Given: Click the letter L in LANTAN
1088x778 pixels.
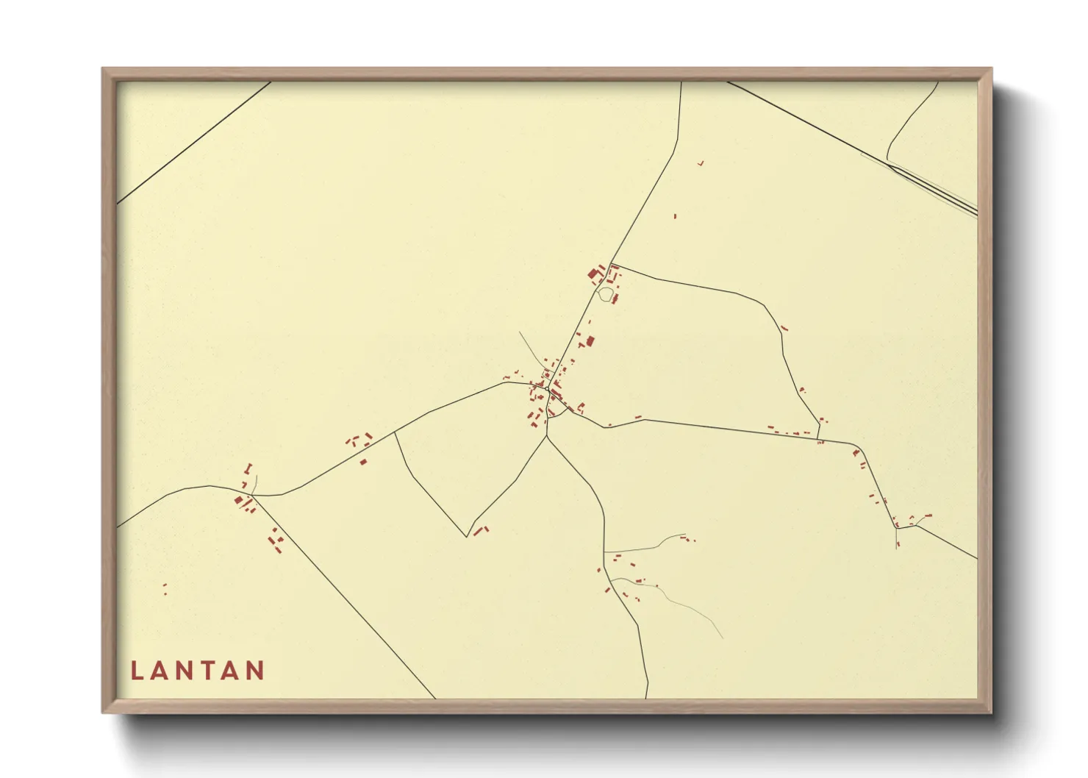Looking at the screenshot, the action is [x=136, y=671].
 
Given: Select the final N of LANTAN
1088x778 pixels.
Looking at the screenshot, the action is [x=256, y=671].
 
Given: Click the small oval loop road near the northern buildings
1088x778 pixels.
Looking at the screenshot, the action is [x=605, y=295].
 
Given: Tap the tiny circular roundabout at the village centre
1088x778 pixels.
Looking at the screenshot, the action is [x=548, y=389].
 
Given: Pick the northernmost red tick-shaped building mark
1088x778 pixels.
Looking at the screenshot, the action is [x=701, y=163].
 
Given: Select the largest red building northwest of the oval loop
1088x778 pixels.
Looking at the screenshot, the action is [x=593, y=275].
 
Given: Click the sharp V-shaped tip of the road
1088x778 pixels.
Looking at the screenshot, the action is [x=467, y=536].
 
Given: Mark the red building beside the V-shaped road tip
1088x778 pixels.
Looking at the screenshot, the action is [x=480, y=529].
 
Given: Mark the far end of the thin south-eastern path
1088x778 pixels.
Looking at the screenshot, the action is [x=722, y=638].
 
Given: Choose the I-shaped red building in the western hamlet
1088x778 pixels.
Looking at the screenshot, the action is [x=248, y=468].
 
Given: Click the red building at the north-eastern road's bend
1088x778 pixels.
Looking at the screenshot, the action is [x=784, y=328].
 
